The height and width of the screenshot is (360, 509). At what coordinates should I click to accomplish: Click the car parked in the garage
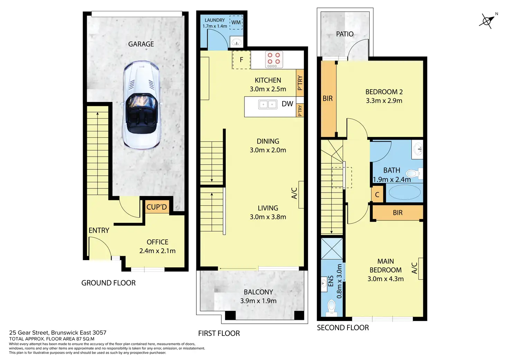tap(142, 105)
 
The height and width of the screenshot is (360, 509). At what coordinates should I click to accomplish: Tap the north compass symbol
tap(487, 21)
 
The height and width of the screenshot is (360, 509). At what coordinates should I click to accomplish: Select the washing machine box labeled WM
tap(236, 22)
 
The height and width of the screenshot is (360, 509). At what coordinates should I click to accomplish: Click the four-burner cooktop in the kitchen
tap(274, 60)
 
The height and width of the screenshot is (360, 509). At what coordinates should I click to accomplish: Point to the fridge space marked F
tap(241, 60)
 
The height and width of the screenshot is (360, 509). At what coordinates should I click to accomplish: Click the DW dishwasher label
tap(287, 104)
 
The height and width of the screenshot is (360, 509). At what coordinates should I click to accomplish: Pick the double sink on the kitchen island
tap(268, 104)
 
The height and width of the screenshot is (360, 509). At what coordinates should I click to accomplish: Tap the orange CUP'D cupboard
tap(157, 207)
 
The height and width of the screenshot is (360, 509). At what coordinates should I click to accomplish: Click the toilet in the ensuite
tap(331, 307)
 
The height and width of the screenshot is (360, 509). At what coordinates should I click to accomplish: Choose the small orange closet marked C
tap(377, 195)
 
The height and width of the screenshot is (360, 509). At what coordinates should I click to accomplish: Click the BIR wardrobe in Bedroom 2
tap(328, 99)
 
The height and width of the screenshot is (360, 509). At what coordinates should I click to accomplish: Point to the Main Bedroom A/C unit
tap(421, 268)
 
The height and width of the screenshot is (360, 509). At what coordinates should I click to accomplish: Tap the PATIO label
tap(345, 34)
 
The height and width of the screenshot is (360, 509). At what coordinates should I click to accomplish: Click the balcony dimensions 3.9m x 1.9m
tap(258, 301)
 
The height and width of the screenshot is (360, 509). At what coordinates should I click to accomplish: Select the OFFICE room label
tap(157, 242)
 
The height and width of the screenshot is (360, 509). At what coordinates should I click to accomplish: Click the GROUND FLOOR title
tap(108, 283)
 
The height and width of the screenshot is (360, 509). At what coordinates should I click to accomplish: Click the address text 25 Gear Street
tap(58, 333)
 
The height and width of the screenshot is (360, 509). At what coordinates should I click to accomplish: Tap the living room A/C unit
tap(301, 194)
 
